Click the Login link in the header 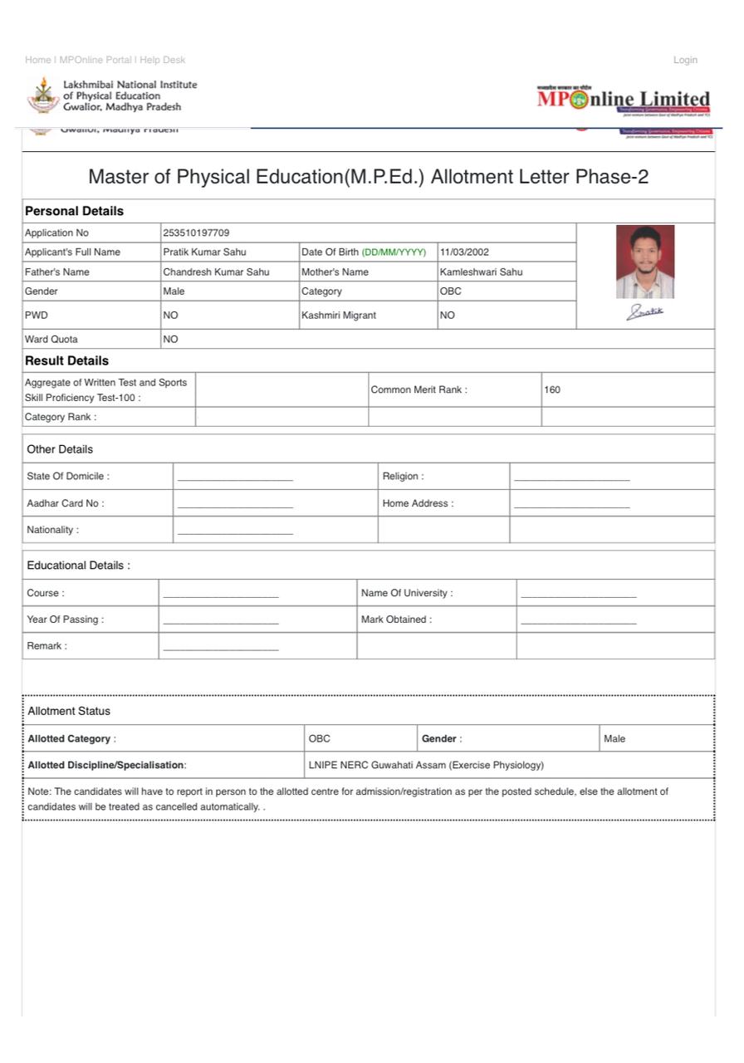click(685, 60)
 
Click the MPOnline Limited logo click(624, 100)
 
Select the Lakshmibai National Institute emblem click(43, 96)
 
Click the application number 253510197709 click(196, 233)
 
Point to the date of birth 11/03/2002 click(464, 252)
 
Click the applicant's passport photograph click(645, 262)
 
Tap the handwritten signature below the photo click(645, 312)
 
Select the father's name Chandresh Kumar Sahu click(216, 272)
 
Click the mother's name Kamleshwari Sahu click(481, 272)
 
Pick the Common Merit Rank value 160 click(552, 389)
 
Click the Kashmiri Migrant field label click(339, 316)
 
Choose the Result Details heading click(66, 360)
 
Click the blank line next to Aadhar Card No click(235, 504)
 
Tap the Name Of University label click(407, 593)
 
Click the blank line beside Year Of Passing click(221, 620)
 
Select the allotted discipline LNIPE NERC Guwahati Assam click(426, 765)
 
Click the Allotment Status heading click(69, 711)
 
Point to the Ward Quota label click(51, 339)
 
